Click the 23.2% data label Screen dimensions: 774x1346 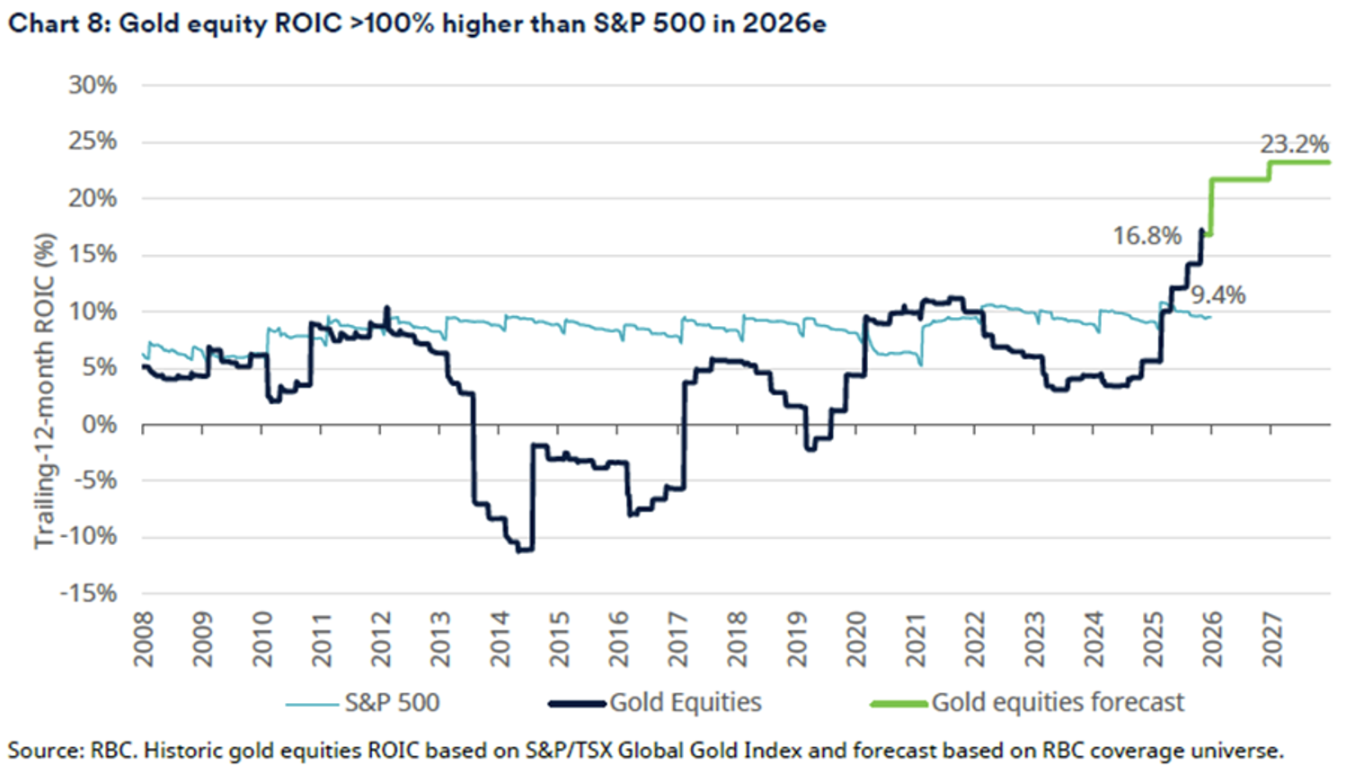pos(1293,144)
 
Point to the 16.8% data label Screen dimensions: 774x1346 pos(1147,236)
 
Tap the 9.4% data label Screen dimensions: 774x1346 pos(1218,295)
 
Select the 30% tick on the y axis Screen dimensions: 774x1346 pos(93,85)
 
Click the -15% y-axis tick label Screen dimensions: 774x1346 pos(88,594)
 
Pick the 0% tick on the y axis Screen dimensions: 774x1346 pos(99,424)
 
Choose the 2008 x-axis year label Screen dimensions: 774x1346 pos(144,639)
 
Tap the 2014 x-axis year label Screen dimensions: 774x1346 pos(500,639)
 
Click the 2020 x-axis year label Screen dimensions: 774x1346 pos(856,639)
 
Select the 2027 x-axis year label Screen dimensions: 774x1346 pos(1271,639)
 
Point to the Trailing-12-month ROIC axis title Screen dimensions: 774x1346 pos(45,391)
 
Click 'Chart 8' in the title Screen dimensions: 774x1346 pos(58,22)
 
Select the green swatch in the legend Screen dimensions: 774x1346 pos(899,704)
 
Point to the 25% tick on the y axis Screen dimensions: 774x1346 pos(93,142)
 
